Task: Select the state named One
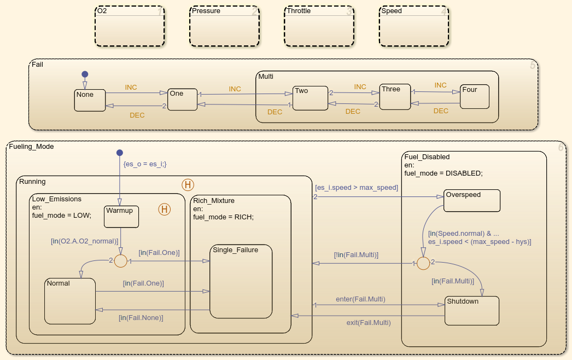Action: point(182,100)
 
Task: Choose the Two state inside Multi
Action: point(310,98)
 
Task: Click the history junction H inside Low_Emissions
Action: point(164,208)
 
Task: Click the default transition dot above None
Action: point(85,74)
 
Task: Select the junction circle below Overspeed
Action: point(423,263)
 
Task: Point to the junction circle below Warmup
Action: point(120,262)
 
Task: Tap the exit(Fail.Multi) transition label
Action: point(369,322)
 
